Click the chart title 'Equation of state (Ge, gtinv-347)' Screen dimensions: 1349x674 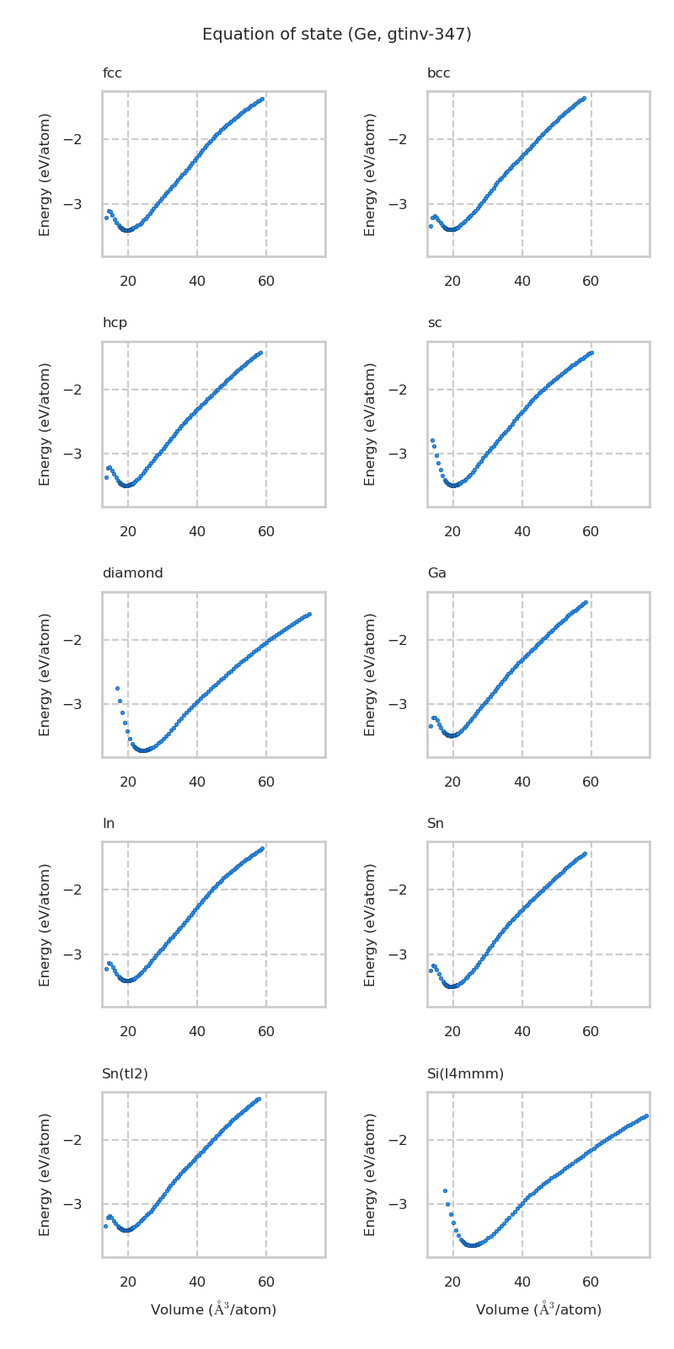coord(337,35)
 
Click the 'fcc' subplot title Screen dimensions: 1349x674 coord(112,73)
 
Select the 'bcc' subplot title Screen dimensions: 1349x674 coord(438,73)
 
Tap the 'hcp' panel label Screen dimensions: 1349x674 coord(115,323)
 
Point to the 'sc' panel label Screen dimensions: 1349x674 coord(434,323)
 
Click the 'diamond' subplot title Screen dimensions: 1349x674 coord(132,573)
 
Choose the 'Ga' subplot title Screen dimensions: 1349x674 coord(436,573)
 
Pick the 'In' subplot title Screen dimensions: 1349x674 coord(108,824)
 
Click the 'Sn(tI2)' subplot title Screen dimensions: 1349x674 coord(125,1074)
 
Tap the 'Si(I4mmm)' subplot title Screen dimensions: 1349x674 coord(465,1074)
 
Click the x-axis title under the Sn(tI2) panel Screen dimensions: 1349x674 coord(213,1309)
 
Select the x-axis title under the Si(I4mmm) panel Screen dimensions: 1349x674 coord(538,1309)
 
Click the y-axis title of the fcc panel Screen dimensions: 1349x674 coord(45,174)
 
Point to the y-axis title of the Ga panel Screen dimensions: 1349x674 coord(371,674)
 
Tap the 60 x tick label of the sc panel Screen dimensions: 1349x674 coord(591,531)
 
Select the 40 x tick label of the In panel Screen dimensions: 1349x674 coord(197,1031)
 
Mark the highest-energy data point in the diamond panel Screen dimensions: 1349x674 coord(309,614)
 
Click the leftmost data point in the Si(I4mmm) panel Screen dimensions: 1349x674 coord(445,1190)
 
